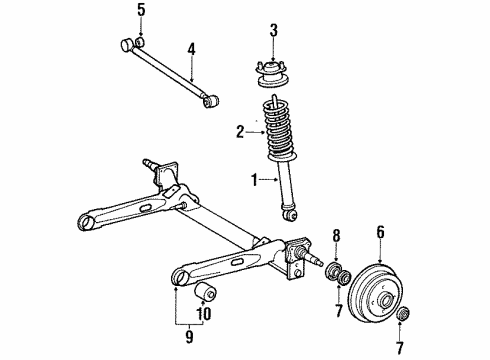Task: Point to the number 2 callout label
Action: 238,130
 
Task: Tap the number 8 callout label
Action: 336,235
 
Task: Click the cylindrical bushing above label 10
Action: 206,291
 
